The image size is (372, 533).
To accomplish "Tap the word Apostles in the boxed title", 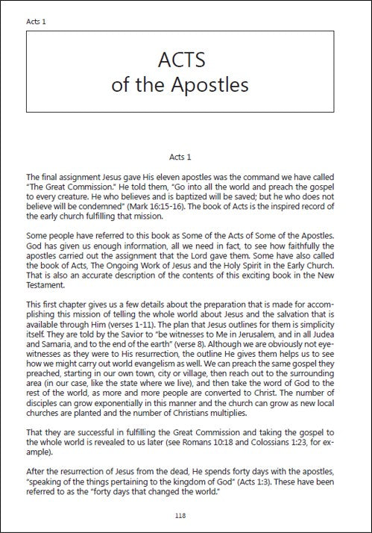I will (212, 85).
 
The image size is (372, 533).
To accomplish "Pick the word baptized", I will (173, 197).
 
